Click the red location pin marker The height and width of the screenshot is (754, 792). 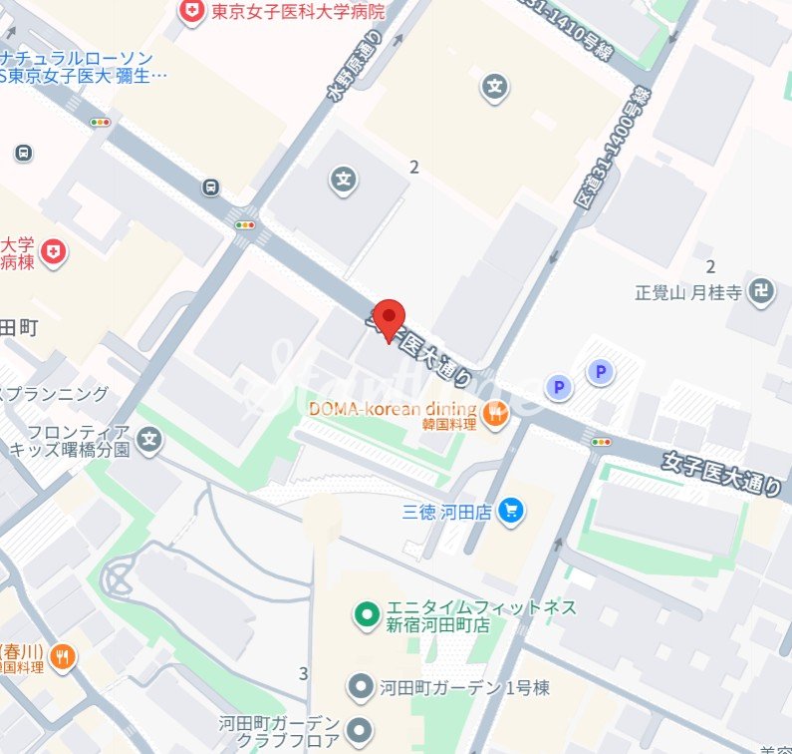(389, 317)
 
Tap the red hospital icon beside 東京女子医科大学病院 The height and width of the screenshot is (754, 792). (188, 12)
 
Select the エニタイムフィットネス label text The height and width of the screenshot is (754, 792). (482, 607)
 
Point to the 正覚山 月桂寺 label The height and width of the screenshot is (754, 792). (688, 293)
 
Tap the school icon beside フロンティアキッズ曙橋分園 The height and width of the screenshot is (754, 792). (149, 439)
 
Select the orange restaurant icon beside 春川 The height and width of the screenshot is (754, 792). (63, 656)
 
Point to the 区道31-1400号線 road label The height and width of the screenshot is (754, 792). (613, 148)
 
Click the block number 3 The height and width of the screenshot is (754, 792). (303, 674)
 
